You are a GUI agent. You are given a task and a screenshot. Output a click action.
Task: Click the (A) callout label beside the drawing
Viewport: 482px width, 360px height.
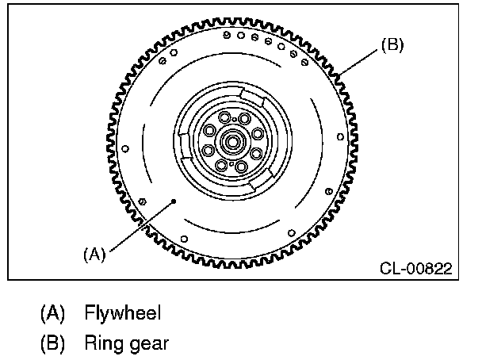[x=94, y=254]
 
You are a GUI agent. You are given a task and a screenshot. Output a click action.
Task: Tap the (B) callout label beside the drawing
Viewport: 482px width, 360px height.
[x=392, y=45]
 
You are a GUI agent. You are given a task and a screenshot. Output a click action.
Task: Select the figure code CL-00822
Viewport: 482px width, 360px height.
[x=415, y=269]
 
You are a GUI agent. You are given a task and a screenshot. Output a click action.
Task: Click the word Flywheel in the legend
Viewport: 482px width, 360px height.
[x=123, y=313]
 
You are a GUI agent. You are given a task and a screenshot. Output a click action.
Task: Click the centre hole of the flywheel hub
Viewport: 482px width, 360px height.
[x=233, y=144]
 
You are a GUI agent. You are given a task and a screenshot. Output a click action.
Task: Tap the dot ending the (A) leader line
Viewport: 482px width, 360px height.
[x=173, y=202]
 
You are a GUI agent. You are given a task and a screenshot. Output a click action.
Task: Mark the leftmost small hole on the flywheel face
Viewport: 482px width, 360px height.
[x=126, y=148]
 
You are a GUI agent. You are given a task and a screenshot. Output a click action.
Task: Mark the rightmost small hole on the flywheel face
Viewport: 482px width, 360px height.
[x=341, y=137]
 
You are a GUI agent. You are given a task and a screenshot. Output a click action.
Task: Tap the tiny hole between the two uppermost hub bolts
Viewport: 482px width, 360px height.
[x=233, y=121]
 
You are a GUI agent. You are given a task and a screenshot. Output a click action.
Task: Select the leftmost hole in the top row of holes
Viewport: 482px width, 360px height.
[x=227, y=36]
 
